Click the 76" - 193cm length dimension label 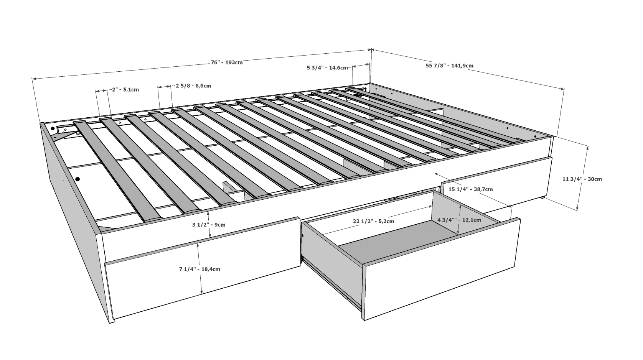tap(226, 62)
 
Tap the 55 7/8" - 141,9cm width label tap(449, 66)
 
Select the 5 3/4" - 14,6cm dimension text tap(327, 68)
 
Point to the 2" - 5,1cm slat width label tap(125, 90)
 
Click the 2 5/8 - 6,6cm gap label tap(193, 86)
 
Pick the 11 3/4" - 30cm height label tap(582, 179)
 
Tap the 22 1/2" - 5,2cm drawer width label tap(374, 221)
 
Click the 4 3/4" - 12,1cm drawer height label tap(459, 220)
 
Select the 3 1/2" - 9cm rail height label tap(209, 225)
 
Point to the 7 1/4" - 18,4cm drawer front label tap(199, 269)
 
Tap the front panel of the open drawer tap(441, 268)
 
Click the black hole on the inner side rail tap(78, 179)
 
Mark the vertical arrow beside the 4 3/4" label tap(459, 219)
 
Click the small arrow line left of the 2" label tap(101, 91)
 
